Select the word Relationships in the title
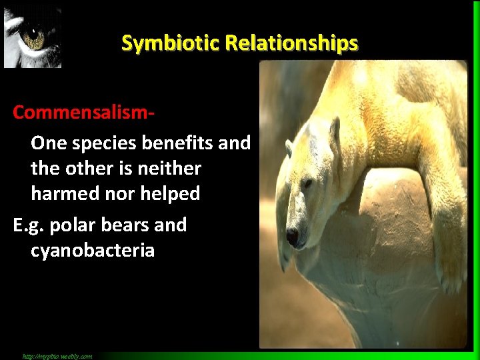[x=291, y=43]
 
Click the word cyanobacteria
[x=93, y=251]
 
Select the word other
[x=92, y=168]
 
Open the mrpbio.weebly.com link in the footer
[x=57, y=356]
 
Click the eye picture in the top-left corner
[x=32, y=37]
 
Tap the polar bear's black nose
[x=292, y=235]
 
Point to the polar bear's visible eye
[x=307, y=183]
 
